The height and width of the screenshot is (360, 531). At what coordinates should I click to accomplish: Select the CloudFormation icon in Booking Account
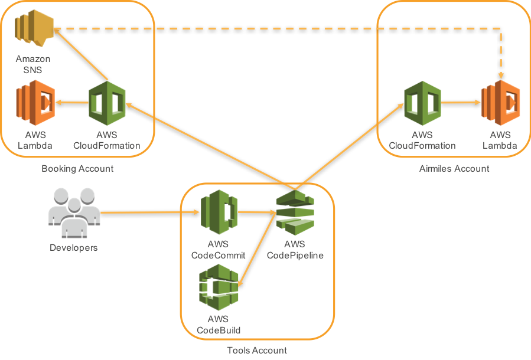pyautogui.click(x=107, y=103)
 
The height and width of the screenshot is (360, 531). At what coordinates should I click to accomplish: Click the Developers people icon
pyautogui.click(x=73, y=212)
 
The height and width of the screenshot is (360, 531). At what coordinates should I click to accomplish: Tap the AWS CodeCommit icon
pyautogui.click(x=218, y=213)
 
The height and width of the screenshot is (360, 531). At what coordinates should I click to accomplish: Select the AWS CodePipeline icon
pyautogui.click(x=295, y=213)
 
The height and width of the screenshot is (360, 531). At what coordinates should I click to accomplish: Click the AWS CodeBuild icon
pyautogui.click(x=218, y=287)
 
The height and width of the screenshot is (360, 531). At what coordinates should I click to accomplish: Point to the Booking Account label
pyautogui.click(x=77, y=169)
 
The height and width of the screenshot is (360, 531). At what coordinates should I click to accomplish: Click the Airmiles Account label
pyautogui.click(x=454, y=169)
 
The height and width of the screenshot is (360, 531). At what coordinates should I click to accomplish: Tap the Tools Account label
pyautogui.click(x=257, y=351)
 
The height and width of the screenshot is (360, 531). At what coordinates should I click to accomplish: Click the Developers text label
pyautogui.click(x=73, y=248)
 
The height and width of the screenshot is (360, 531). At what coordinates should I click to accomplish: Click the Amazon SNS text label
pyautogui.click(x=32, y=64)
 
